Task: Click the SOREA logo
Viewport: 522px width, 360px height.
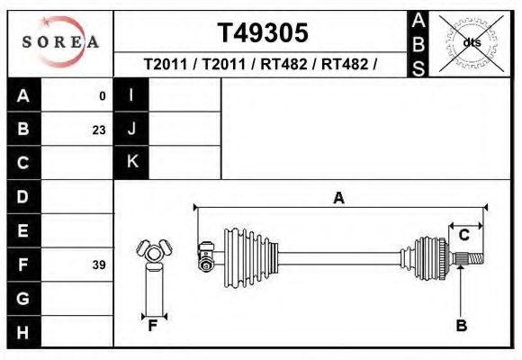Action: coord(60,42)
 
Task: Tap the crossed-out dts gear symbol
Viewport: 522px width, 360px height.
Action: coord(469,42)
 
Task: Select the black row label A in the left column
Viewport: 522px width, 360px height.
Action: coord(23,95)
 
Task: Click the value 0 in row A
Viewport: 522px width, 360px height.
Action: coord(102,95)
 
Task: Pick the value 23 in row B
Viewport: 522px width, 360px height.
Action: coord(98,130)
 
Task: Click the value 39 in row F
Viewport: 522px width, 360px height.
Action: coord(98,265)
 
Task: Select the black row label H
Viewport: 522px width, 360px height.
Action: coord(23,332)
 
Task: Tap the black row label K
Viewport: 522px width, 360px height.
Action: coord(131,162)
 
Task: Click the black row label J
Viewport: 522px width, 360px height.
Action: coord(131,130)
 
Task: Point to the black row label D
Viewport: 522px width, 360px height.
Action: coord(23,196)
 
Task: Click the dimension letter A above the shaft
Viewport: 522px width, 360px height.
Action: coord(338,198)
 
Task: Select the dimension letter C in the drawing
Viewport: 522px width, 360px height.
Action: coord(463,235)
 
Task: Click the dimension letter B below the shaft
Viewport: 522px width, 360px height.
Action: coord(461,326)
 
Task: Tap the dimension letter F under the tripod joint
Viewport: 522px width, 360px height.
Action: coord(153,326)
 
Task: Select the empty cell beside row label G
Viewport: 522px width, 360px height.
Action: coord(77,298)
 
